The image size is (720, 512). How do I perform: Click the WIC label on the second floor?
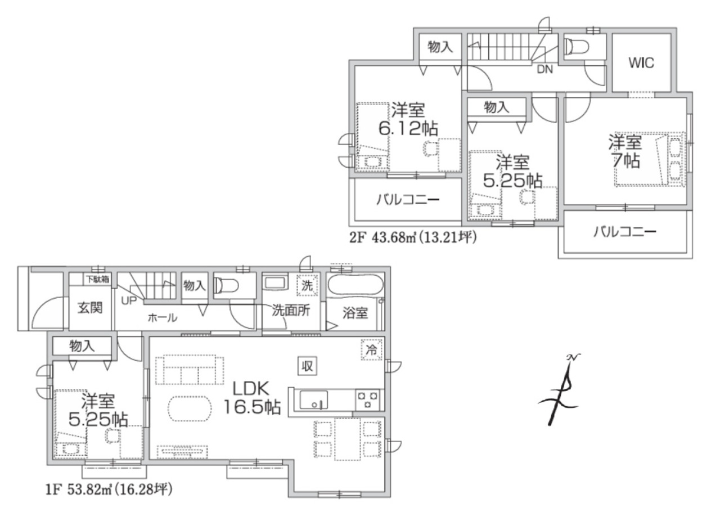(641, 62)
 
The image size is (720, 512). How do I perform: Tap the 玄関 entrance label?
(90, 308)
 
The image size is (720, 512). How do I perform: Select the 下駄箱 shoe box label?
(97, 280)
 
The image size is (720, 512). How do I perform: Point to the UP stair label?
(129, 300)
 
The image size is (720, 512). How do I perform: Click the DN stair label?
(545, 69)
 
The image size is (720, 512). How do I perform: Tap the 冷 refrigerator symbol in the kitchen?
(372, 349)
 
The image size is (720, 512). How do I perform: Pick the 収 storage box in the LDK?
(307, 366)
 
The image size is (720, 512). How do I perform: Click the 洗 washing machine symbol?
(307, 285)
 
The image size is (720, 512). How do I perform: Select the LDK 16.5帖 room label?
(252, 398)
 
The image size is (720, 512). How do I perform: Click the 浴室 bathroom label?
(355, 313)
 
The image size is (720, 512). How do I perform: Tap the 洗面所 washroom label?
(291, 310)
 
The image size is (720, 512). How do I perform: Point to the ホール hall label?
(163, 318)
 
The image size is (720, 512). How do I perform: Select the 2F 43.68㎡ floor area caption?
(413, 237)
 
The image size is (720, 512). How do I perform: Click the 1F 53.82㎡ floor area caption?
(109, 490)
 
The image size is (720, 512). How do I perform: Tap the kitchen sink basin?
(313, 400)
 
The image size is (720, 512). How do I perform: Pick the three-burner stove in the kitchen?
(368, 400)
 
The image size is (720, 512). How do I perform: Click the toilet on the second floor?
(577, 47)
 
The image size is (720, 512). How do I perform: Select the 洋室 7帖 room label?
(625, 151)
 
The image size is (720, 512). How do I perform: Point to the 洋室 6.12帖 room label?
(408, 119)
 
